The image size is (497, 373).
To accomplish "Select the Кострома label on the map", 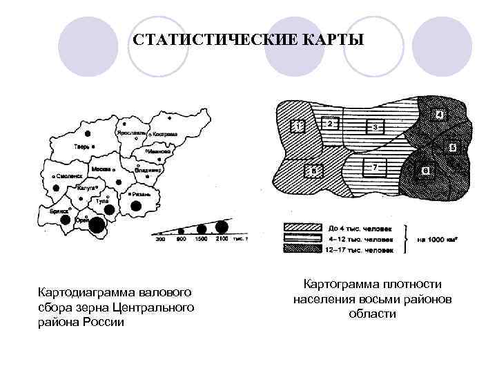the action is pos(165,133).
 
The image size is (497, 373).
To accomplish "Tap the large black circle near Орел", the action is pos(97,224).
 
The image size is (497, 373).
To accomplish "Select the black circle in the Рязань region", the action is pos(136,205).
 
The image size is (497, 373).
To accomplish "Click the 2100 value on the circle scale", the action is pos(221,239).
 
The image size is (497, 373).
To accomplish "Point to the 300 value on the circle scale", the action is pos(161,239).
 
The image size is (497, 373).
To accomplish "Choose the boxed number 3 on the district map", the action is pos(375,127).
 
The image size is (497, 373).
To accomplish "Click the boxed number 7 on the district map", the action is pos(375,168).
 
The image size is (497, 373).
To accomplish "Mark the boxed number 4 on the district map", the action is pos(439,115).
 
